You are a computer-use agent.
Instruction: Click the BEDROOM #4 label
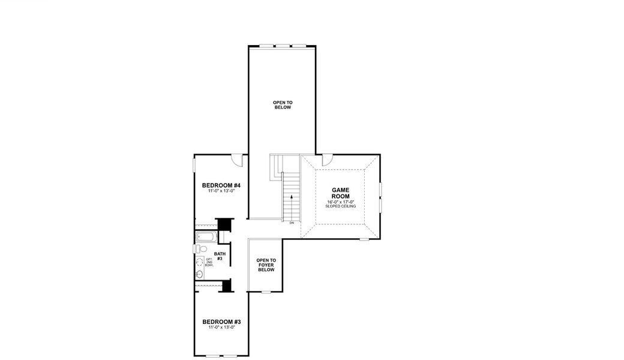(x=221, y=185)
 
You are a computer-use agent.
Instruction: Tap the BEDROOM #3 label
(x=221, y=321)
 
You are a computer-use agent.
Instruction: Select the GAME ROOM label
(x=340, y=193)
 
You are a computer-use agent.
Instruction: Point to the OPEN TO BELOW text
(x=282, y=105)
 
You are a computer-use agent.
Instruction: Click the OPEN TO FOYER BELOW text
(x=266, y=265)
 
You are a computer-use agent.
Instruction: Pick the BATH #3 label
(x=220, y=256)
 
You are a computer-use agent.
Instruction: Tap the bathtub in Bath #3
(x=205, y=237)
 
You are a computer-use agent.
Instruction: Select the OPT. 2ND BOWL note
(x=209, y=262)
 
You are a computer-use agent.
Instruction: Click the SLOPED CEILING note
(x=340, y=206)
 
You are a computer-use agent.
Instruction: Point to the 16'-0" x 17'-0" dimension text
(x=340, y=202)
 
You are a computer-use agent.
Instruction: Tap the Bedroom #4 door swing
(x=238, y=159)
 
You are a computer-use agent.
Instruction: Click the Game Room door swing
(x=328, y=160)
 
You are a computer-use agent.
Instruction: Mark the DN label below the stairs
(x=292, y=223)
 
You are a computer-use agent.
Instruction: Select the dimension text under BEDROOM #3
(x=221, y=328)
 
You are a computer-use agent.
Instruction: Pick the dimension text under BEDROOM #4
(x=221, y=191)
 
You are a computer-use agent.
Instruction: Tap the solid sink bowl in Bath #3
(x=199, y=274)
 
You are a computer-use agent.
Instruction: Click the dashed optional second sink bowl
(x=199, y=262)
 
